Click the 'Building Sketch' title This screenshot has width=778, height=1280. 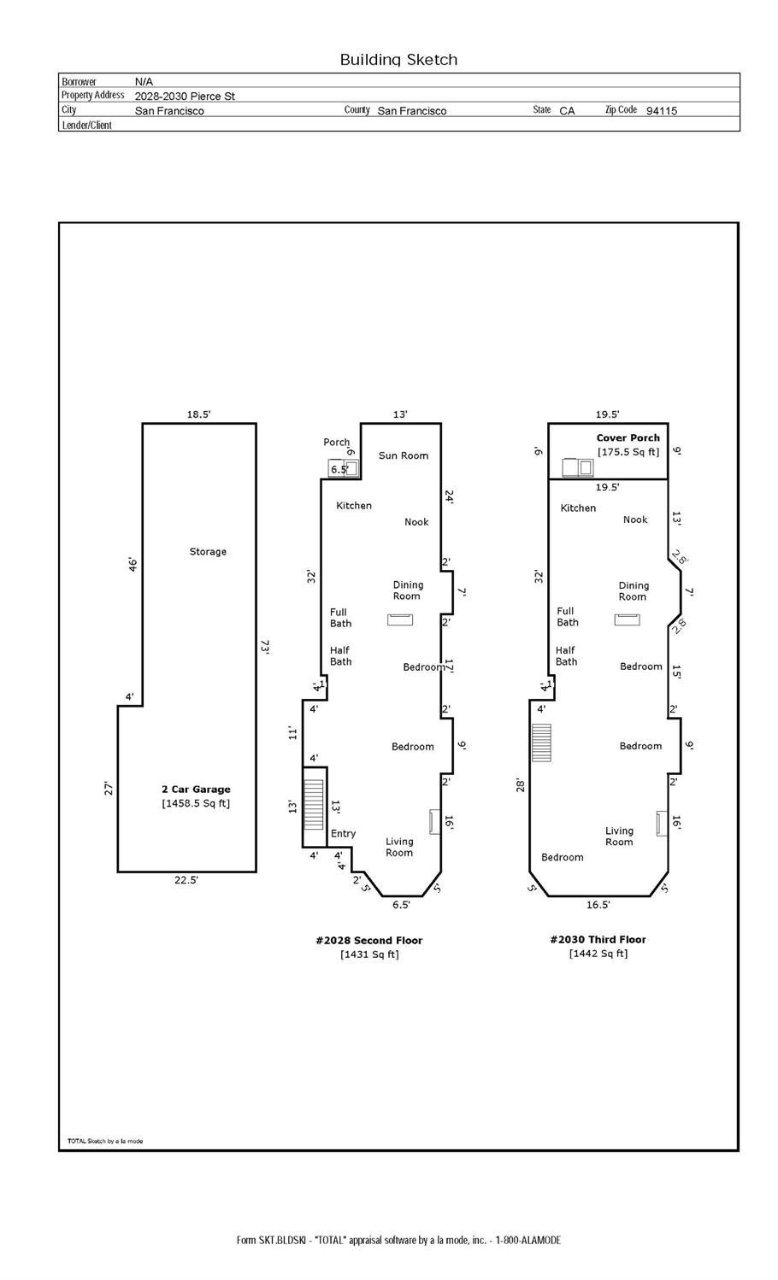(398, 60)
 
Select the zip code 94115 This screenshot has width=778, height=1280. (662, 110)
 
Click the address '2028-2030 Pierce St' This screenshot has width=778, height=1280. (185, 96)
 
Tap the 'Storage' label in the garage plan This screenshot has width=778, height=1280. (208, 551)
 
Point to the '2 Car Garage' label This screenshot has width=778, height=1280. (196, 790)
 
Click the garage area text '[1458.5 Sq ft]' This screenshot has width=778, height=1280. (196, 803)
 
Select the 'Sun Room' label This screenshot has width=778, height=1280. (404, 455)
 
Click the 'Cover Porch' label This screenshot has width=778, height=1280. (628, 437)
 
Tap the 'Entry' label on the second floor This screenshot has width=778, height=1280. (343, 834)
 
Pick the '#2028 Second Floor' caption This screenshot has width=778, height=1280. (369, 940)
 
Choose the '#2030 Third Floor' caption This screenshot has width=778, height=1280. (598, 939)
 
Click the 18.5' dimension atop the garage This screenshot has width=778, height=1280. (199, 414)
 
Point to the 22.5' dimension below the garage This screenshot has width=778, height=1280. (186, 880)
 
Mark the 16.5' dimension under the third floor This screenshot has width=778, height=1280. (598, 905)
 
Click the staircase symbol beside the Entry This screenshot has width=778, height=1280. (313, 805)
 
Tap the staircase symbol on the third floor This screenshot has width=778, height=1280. (541, 743)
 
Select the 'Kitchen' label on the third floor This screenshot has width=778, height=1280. (578, 508)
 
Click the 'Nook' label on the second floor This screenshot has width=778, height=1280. (416, 522)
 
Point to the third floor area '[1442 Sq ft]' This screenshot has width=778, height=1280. (598, 953)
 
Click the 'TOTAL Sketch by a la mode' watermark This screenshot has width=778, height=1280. (105, 1141)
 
